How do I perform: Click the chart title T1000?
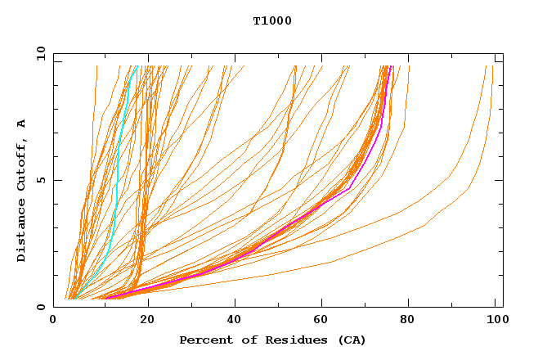[272, 21]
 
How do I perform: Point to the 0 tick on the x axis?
[53, 321]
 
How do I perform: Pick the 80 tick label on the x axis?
[406, 321]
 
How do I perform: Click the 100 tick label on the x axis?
[495, 321]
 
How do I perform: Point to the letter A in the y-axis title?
[21, 123]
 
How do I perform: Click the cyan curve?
[118, 164]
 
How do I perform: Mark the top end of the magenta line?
[392, 67]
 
